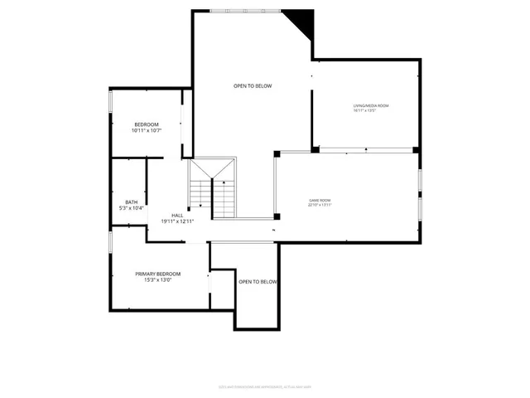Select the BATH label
click(132, 201)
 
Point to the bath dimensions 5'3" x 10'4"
click(132, 207)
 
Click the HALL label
click(176, 215)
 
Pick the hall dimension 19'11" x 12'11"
click(176, 221)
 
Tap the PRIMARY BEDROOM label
click(158, 274)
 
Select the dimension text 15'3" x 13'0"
click(158, 279)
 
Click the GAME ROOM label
click(320, 200)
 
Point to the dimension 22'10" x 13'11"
click(320, 205)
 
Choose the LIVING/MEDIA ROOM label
click(371, 105)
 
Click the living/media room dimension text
click(371, 110)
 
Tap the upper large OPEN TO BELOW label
click(252, 86)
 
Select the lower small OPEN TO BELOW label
click(258, 282)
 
